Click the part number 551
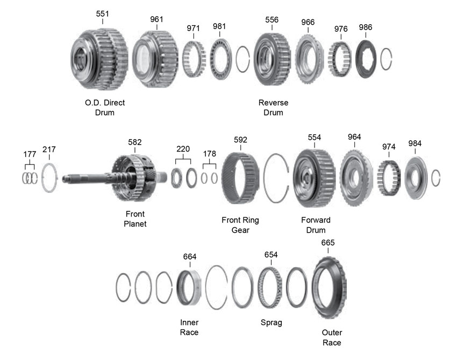click(x=103, y=13)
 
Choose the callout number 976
click(x=340, y=28)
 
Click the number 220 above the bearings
click(x=184, y=149)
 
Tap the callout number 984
click(x=415, y=143)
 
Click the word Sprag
click(x=271, y=322)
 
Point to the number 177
click(x=30, y=154)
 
